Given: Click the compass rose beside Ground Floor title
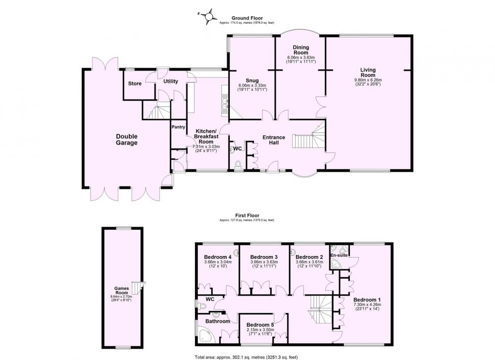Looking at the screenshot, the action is (208, 16).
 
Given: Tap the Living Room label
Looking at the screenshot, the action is (368, 72).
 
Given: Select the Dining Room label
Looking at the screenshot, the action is (301, 50).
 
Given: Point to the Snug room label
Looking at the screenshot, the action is (252, 80).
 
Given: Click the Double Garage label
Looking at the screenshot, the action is (127, 140).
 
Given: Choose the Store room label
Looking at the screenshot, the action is (135, 84).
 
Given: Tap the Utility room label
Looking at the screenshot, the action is (170, 82).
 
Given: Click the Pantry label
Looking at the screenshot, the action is (178, 127).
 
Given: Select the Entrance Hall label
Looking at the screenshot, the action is (274, 140).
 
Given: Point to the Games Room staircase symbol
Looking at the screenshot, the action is (137, 288).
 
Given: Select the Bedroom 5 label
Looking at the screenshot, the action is (260, 325).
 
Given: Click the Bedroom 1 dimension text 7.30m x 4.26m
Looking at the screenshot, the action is (367, 305).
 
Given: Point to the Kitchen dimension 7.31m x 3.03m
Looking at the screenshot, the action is (206, 147).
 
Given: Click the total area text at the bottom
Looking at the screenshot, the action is (247, 357).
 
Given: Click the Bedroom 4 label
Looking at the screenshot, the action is (218, 257).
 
